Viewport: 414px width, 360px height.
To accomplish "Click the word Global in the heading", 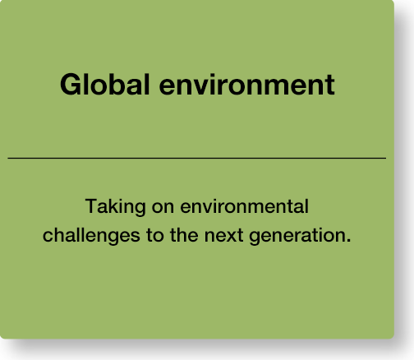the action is coord(105,85).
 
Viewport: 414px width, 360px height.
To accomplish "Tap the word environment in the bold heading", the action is coord(246,85).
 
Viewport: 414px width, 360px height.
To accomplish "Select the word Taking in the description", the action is coord(115,207).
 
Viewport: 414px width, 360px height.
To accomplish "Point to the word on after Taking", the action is coord(163,209).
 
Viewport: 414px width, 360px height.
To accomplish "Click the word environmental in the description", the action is coord(244,206).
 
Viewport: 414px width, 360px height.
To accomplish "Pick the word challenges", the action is coord(91,236).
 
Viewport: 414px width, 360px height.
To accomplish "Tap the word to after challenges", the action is coord(155,236).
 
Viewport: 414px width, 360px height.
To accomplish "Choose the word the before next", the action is coord(184,235).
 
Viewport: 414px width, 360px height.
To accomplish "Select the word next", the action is coord(223,237).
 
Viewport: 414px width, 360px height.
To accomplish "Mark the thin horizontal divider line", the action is coord(197,158).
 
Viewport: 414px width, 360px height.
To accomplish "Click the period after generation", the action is coord(348,241).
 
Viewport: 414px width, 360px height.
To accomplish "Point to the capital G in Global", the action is coord(71,85).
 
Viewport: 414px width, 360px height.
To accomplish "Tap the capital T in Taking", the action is coord(92,206).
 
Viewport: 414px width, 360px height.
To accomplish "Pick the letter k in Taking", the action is coord(116,206).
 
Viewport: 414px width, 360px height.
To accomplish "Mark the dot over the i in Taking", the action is coord(122,200).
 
